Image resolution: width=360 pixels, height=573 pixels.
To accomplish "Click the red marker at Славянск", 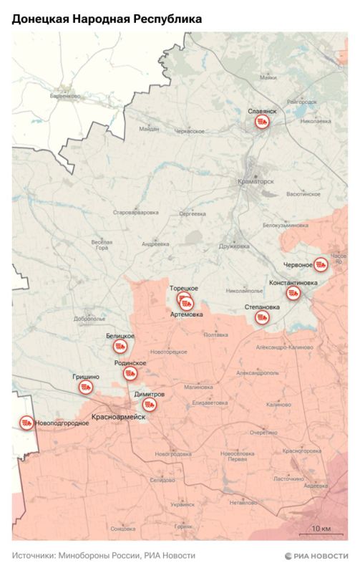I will pos(262,123).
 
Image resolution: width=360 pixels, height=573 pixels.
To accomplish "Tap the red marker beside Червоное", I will pos(321,264).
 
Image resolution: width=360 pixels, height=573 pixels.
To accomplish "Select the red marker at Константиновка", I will pos(293,293).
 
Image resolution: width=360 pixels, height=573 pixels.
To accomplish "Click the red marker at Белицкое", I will pos(120,347).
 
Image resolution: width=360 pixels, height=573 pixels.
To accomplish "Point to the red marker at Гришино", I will pos(86,387).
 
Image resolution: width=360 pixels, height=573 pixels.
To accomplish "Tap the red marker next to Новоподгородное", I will pos(26,423).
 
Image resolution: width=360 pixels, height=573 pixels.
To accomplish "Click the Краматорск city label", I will pos(256,182).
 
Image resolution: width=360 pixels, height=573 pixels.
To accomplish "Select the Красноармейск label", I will pos(119,417).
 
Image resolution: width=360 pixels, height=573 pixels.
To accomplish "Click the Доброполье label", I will pos(89,319).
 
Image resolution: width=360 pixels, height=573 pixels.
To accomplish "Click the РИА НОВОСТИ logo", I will pos(316,556).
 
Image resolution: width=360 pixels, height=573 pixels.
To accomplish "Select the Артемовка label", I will pos(187,314).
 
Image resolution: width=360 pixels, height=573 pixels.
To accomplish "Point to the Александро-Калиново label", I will pos(284,347).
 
